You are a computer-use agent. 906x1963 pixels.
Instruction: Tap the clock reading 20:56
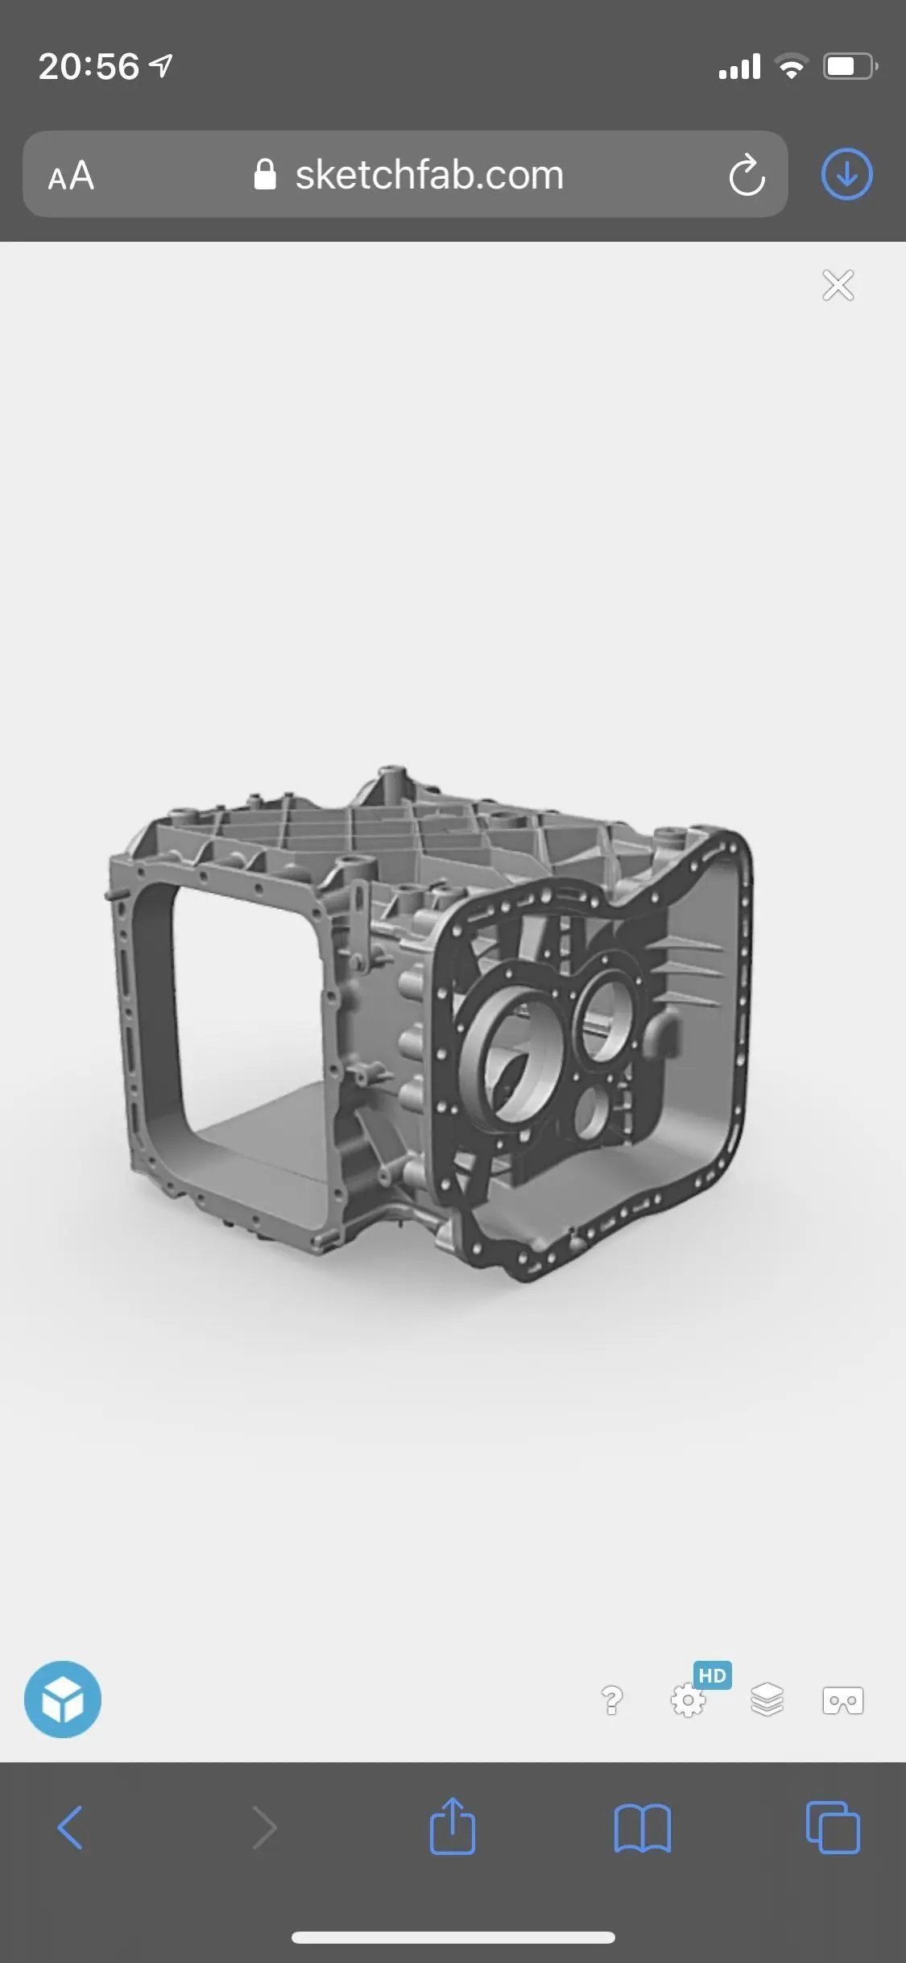click(89, 66)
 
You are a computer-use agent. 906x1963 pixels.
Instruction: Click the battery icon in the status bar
click(850, 66)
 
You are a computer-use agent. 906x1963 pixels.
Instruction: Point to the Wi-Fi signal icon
click(792, 66)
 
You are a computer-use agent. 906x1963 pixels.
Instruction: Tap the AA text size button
click(71, 175)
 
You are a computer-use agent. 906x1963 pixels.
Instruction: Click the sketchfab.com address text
click(429, 175)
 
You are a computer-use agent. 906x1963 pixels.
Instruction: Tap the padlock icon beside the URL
click(265, 174)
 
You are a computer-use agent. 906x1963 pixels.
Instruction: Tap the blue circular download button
click(846, 174)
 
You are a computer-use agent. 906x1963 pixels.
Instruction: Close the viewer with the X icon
click(838, 285)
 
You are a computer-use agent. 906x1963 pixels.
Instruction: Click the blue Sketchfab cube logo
click(63, 1699)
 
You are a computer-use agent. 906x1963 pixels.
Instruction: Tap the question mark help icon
click(612, 1699)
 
